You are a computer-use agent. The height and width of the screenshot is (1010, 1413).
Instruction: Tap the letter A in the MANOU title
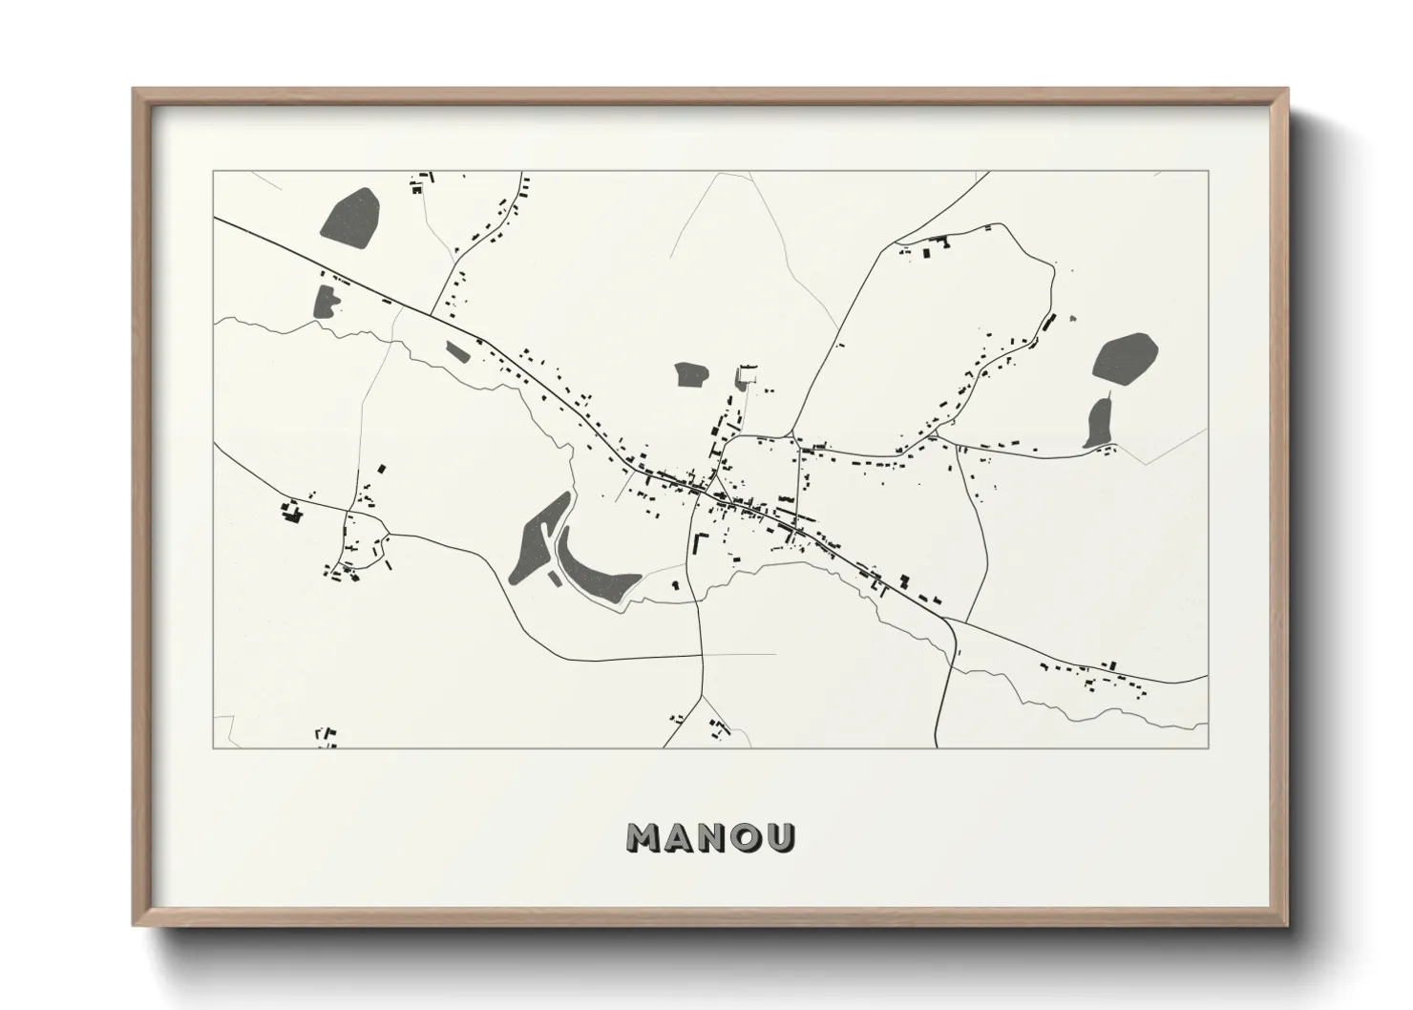point(680,837)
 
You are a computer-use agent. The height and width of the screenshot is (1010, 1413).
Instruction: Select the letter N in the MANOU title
point(714,837)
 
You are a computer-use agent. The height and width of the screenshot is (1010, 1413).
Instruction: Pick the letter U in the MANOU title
point(781,837)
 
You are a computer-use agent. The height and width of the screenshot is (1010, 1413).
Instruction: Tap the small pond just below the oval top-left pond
point(326,301)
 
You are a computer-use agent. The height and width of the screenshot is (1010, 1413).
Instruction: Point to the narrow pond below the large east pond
point(1099,423)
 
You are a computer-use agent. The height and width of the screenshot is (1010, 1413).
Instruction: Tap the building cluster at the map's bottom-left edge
point(327,736)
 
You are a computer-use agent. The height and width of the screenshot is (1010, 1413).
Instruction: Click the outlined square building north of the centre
point(747,375)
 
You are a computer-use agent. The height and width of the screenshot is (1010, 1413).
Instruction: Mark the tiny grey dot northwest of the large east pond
point(1071,319)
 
